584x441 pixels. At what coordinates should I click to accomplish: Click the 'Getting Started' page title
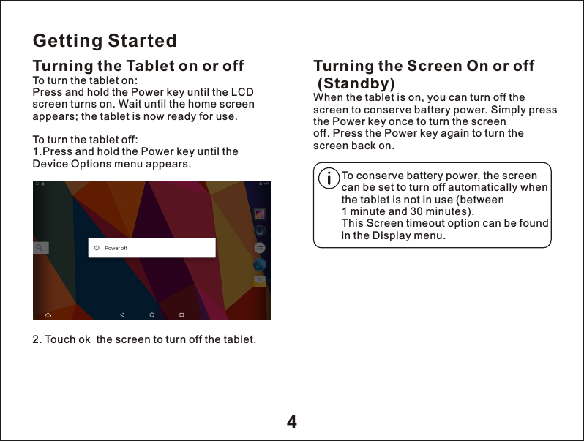[x=105, y=39]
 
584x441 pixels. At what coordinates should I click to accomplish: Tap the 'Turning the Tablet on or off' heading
[x=138, y=67]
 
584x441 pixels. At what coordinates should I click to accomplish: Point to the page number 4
[x=291, y=422]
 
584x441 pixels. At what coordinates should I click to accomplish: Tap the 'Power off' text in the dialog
[x=116, y=248]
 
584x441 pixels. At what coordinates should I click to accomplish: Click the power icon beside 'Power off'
[x=96, y=248]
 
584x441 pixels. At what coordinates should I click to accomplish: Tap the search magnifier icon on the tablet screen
[x=40, y=248]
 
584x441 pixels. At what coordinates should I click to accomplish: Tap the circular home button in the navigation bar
[x=151, y=314]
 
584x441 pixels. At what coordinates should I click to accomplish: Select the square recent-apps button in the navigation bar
[x=181, y=314]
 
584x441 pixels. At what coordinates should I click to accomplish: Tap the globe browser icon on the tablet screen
[x=260, y=264]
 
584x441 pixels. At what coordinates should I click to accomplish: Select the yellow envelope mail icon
[x=260, y=280]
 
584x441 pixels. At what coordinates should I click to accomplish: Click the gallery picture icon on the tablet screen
[x=260, y=214]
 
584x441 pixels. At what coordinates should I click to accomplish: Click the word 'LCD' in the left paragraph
[x=242, y=92]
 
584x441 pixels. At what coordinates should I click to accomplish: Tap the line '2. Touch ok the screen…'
[x=144, y=339]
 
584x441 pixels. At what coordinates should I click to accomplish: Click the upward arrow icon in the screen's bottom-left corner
[x=48, y=314]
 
